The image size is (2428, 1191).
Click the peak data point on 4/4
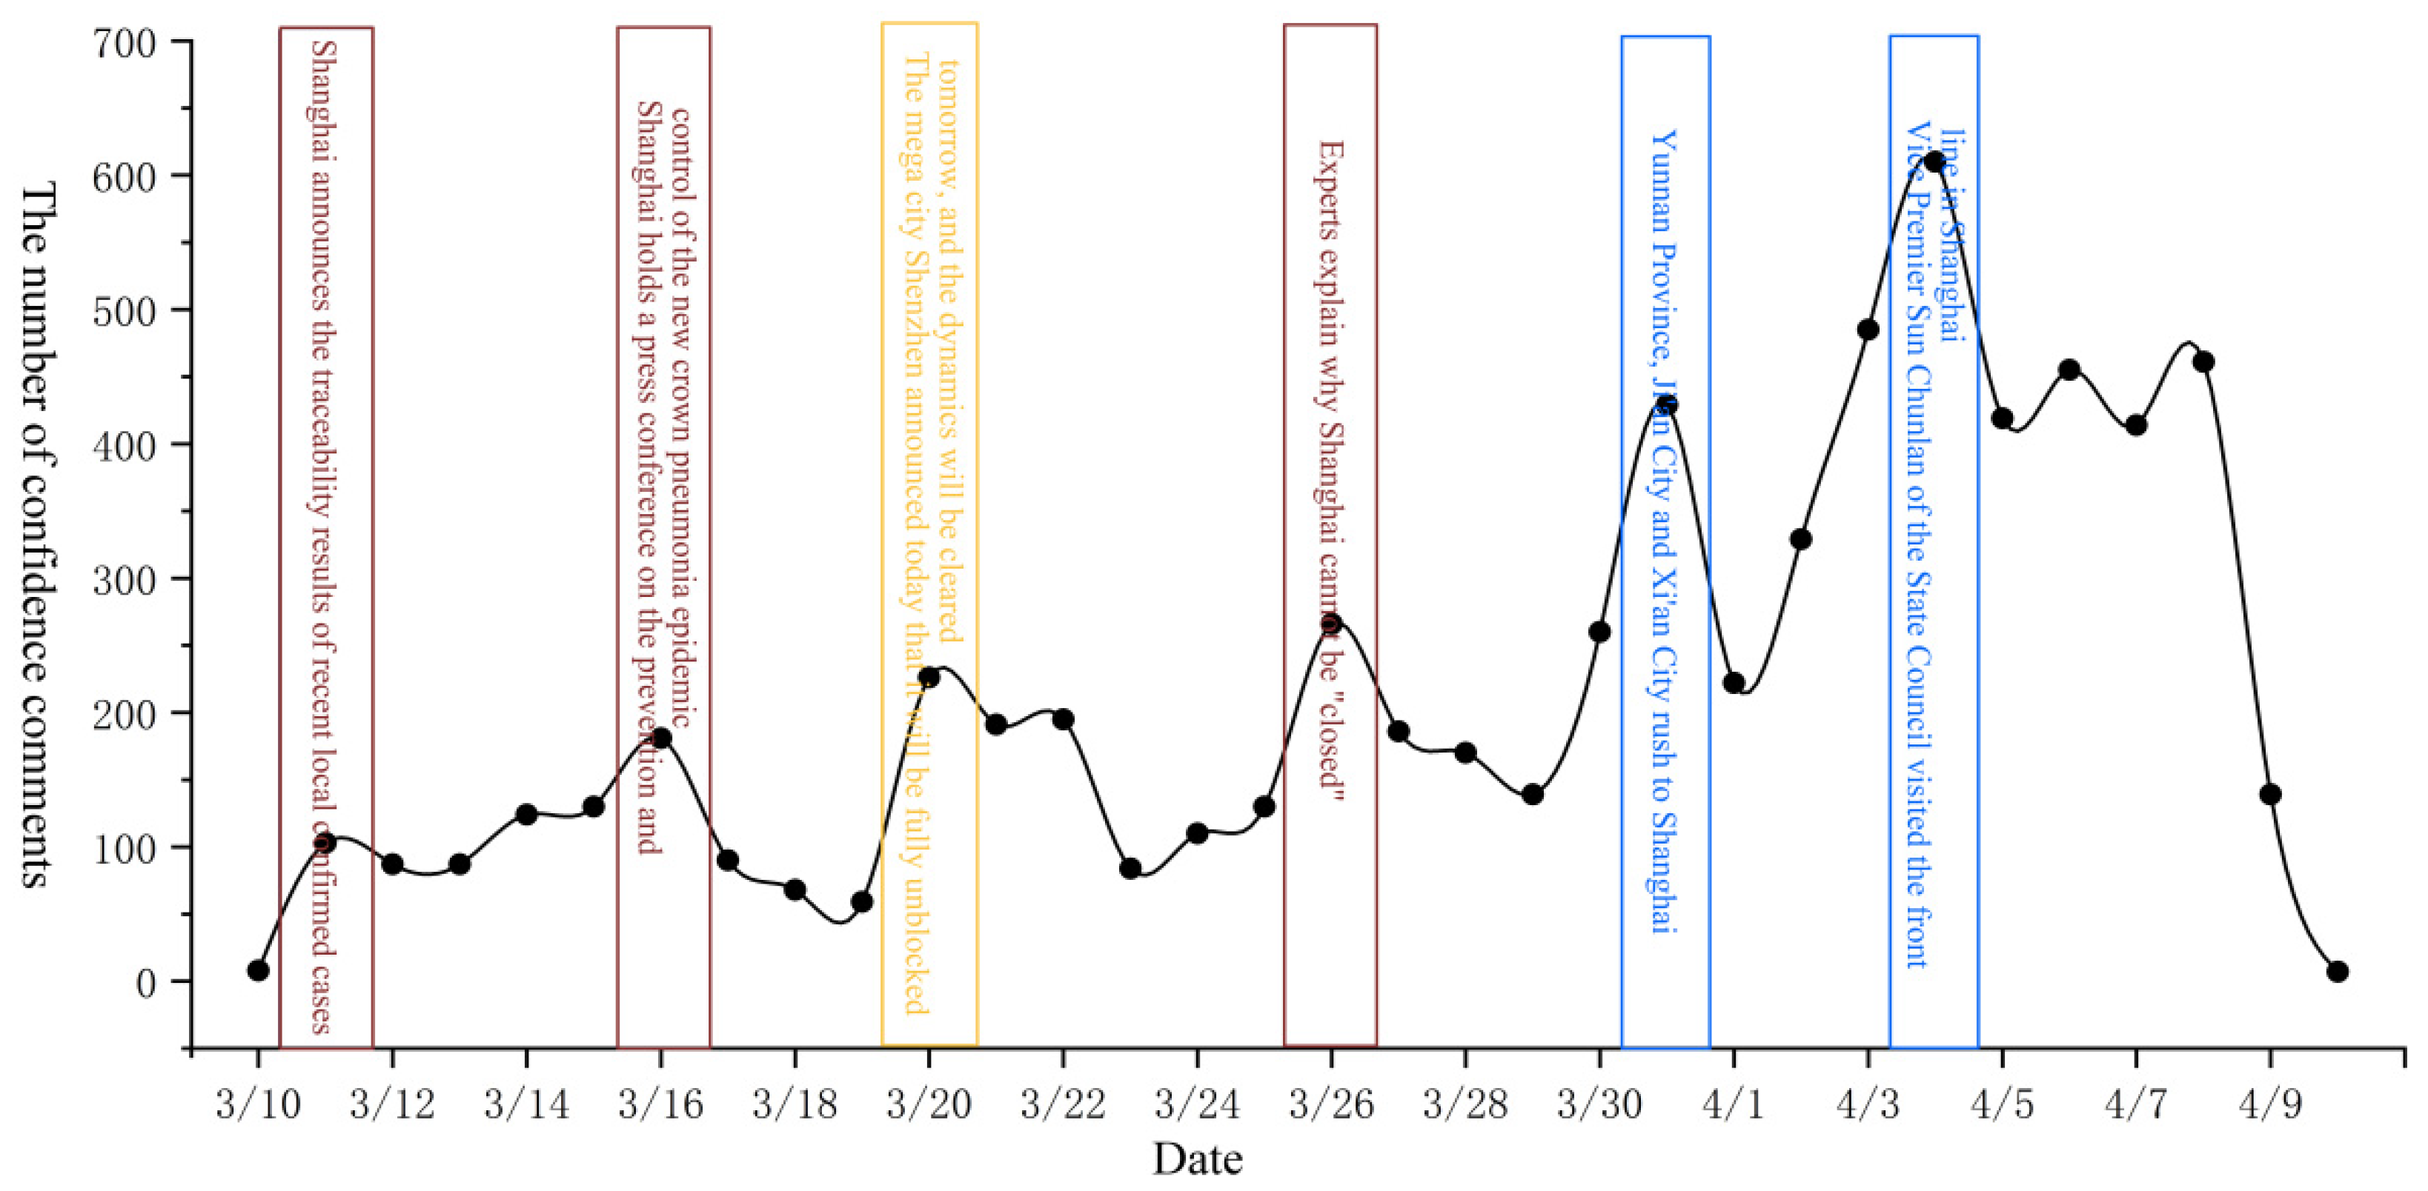pos(1935,161)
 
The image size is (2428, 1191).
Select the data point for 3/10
pos(258,970)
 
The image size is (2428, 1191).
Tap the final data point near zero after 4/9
pos(2337,972)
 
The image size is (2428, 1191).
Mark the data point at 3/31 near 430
pos(1666,405)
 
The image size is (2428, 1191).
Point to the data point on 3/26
pos(1331,623)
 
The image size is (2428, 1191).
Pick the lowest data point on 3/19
pos(861,901)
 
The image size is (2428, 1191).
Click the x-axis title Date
pos(1197,1159)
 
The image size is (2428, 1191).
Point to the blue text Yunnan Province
pos(1664,533)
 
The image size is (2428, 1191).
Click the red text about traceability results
pos(322,537)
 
